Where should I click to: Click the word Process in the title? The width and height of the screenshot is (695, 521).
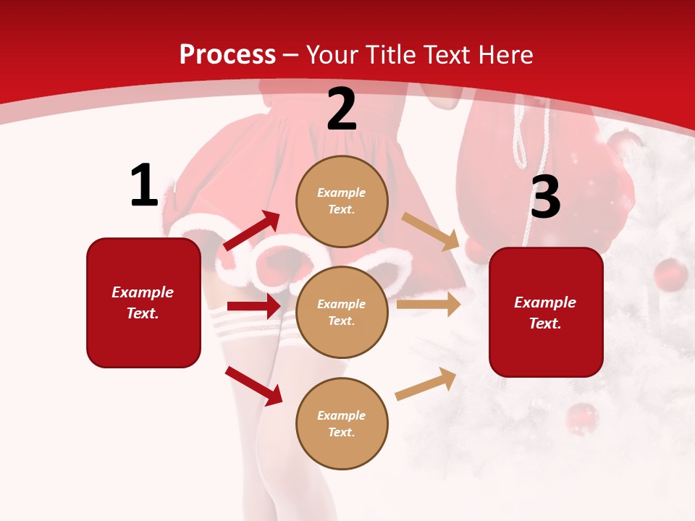tap(227, 54)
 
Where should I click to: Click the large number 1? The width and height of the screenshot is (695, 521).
tap(144, 185)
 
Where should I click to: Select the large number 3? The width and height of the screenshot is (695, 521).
tap(545, 198)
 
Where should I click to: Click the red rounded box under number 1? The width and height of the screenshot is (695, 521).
tap(143, 302)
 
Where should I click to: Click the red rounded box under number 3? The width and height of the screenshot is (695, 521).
tap(546, 312)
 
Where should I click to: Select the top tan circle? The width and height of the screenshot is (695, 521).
tap(342, 201)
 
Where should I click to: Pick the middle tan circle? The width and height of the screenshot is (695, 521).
tap(342, 312)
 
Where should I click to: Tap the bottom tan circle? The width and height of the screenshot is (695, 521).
tap(342, 423)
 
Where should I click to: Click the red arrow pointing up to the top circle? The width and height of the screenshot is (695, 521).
tap(252, 231)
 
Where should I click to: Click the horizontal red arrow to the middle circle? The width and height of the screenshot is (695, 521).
tap(253, 306)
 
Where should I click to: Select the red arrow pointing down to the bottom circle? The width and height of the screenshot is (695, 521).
tap(253, 386)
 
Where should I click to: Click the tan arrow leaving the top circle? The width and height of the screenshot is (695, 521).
tap(431, 231)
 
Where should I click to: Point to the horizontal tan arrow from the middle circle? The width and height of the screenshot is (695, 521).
tap(428, 305)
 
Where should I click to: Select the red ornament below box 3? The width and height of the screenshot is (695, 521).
tap(581, 419)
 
